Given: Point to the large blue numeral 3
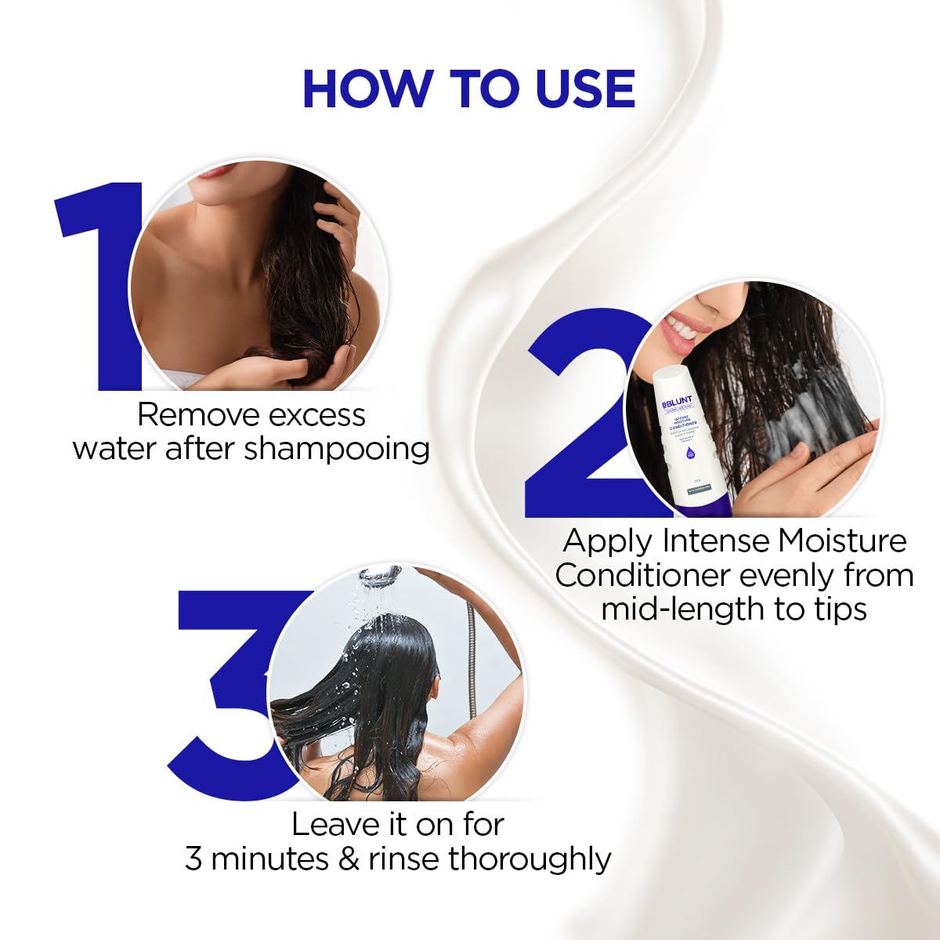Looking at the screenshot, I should pyautogui.click(x=227, y=689).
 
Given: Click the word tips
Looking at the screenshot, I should pyautogui.click(x=838, y=609).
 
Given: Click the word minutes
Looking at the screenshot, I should pyautogui.click(x=270, y=859).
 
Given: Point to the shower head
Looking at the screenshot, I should pyautogui.click(x=381, y=577).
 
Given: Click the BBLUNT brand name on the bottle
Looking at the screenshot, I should pyautogui.click(x=673, y=400).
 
